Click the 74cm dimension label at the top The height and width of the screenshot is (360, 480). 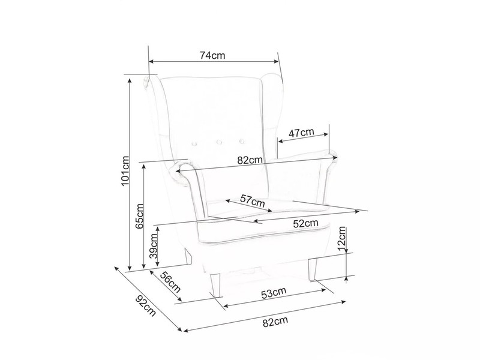tap(212, 55)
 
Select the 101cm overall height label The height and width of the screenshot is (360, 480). tap(125, 171)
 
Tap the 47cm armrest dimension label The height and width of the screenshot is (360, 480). tap(302, 133)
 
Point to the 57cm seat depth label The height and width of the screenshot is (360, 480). tap(252, 201)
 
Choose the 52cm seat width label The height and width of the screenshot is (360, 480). tap(305, 223)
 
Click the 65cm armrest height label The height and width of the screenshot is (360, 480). tap(139, 216)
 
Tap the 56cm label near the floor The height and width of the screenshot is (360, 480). tap(170, 282)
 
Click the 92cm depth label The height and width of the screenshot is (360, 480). tap(146, 306)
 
